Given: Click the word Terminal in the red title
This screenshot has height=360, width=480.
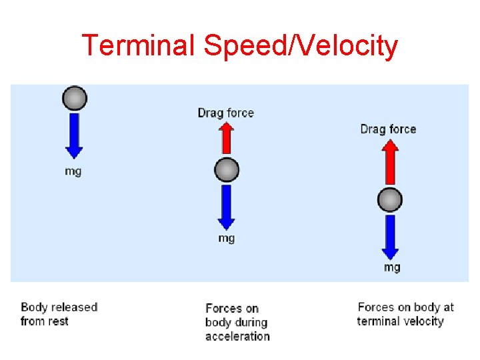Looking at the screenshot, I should [137, 46].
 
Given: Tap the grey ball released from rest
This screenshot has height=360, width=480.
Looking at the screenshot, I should [74, 99].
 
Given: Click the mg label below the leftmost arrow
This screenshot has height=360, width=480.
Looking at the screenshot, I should [73, 171].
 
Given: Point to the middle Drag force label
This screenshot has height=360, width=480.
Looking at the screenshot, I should [226, 113].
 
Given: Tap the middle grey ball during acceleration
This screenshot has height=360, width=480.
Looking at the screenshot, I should [227, 170].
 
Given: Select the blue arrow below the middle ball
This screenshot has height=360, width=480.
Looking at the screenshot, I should [227, 206].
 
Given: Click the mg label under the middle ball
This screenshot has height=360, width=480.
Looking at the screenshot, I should [227, 238].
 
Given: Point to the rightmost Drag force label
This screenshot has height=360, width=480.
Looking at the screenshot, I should [388, 129].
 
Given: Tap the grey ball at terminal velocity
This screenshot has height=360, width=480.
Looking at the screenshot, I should [390, 199].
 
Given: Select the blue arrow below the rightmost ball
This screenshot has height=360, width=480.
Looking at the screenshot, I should [390, 236].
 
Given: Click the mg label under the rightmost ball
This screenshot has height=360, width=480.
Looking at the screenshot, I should [392, 267].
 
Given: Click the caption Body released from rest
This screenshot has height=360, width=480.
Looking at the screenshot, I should [59, 314].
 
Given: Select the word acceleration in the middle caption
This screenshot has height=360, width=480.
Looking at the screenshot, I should [237, 337].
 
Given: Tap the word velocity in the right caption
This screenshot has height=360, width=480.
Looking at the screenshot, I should [423, 321].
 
